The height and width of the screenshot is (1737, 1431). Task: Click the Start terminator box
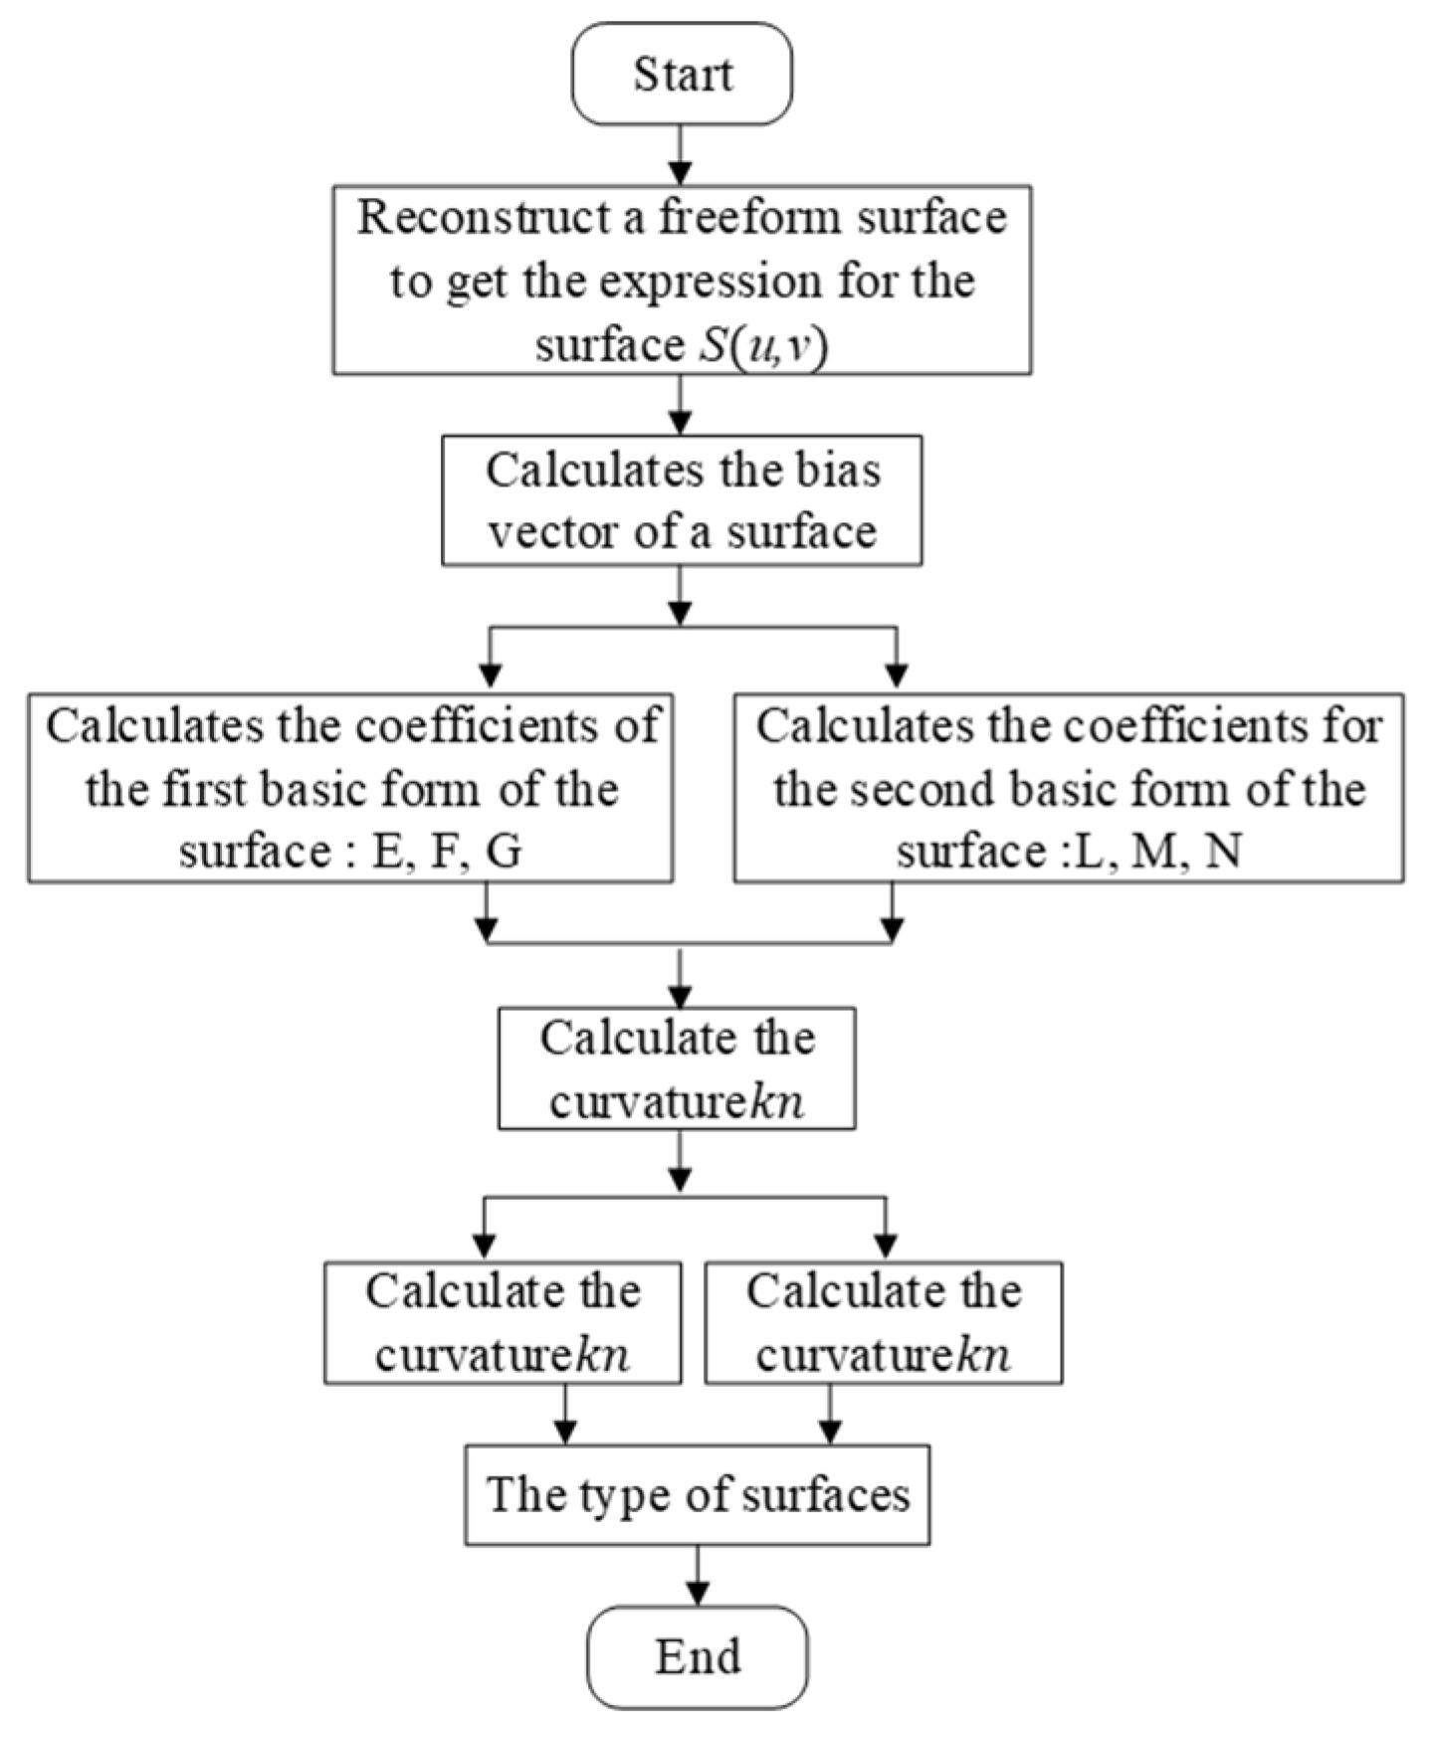pyautogui.click(x=682, y=75)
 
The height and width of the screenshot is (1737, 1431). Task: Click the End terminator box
pyautogui.click(x=697, y=1656)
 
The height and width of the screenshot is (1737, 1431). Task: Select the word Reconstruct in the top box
pyautogui.click(x=485, y=218)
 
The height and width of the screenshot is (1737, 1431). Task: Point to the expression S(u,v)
pyautogui.click(x=763, y=345)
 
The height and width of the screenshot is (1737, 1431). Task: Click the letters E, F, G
pyautogui.click(x=447, y=852)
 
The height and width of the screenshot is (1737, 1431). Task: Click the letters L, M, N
pyautogui.click(x=1154, y=852)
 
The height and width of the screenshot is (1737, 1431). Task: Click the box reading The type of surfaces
pyautogui.click(x=697, y=1494)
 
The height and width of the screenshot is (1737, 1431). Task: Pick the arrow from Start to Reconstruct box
pyautogui.click(x=681, y=155)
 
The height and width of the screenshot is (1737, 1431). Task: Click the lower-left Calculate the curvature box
pyautogui.click(x=503, y=1323)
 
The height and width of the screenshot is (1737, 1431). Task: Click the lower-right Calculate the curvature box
pyautogui.click(x=884, y=1323)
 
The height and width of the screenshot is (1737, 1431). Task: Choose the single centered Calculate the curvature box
pyautogui.click(x=677, y=1068)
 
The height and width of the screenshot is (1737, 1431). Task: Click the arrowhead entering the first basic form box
pyautogui.click(x=490, y=676)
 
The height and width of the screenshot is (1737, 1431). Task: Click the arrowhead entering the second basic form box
pyautogui.click(x=897, y=676)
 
